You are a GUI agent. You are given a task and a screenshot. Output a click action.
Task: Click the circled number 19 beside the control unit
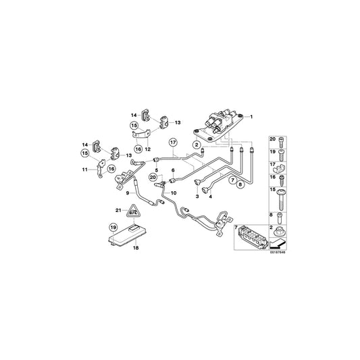[x=113, y=228]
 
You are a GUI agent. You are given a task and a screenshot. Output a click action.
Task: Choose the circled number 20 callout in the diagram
[x=153, y=177]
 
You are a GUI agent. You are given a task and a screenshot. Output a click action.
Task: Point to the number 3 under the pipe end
[x=198, y=197]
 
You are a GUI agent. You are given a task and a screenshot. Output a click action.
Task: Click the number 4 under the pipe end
[x=211, y=197]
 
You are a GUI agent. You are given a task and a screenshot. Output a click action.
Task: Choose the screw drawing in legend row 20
[x=282, y=141]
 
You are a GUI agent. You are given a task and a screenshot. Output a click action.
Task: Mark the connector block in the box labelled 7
[x=257, y=238]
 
